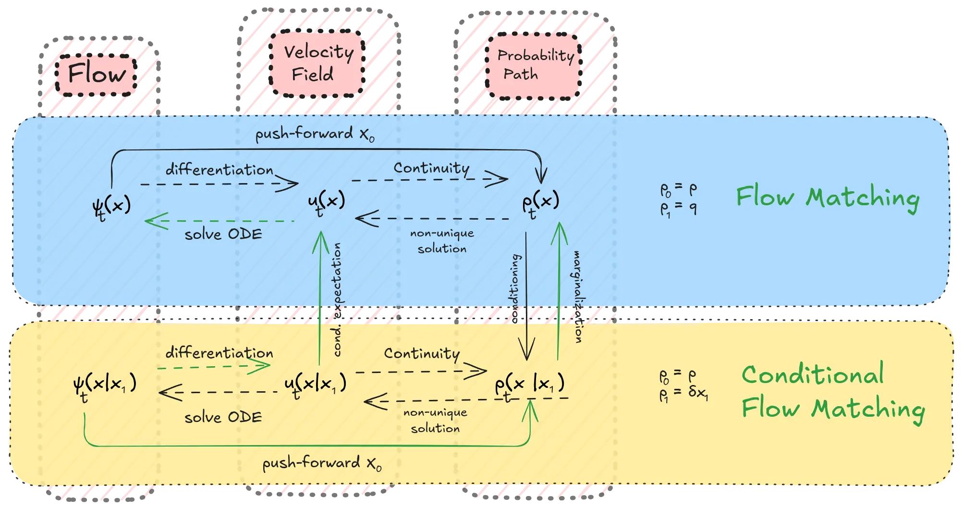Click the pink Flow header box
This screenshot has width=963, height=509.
pos(96,75)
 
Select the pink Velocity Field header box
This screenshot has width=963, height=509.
pos(317,63)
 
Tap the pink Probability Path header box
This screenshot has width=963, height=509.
pos(534,66)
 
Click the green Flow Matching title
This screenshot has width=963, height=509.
pos(828,198)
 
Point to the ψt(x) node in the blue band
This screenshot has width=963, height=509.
pos(111,208)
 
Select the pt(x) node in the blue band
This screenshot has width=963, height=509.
pos(541,204)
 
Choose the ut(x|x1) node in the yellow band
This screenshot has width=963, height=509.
pos(315,385)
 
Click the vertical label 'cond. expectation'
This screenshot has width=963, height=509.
pos(338,299)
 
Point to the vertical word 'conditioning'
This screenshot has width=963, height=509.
pos(514,288)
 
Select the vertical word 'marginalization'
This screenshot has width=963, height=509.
pos(578,297)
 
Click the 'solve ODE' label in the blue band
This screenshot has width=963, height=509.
pos(223,234)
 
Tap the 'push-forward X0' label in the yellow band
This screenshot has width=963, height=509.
pos(322,463)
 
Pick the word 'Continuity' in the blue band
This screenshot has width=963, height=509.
pos(432,168)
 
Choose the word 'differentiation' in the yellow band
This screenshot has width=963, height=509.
pos(219,352)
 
